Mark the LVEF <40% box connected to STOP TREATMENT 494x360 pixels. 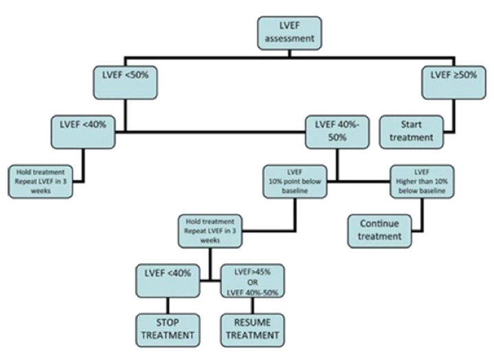(x=168, y=278)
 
